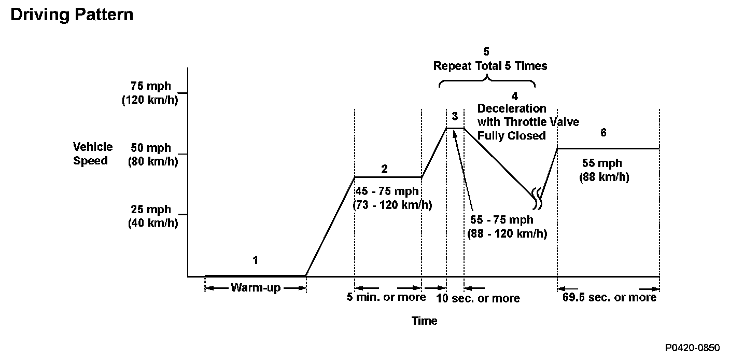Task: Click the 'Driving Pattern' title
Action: tap(72, 15)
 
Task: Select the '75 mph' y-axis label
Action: tap(151, 86)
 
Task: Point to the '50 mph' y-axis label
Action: tap(151, 148)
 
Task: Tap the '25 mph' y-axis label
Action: tap(151, 210)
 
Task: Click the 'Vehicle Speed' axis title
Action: tap(92, 154)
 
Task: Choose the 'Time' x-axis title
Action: tap(424, 321)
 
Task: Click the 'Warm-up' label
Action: tap(256, 288)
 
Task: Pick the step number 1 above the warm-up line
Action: tap(255, 260)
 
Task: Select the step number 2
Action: tap(384, 169)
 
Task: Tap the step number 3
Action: tap(455, 115)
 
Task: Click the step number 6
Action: tap(603, 132)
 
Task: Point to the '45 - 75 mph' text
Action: tap(387, 191)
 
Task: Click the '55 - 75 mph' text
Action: tap(501, 219)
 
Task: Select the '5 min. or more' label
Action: tap(386, 297)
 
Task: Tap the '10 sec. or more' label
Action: tap(478, 298)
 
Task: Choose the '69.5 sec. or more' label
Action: tap(609, 298)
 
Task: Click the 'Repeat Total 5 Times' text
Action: tap(490, 66)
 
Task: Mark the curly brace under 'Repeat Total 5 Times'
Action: tap(487, 81)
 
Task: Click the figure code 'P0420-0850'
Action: tap(693, 347)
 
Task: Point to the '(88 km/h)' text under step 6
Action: tap(604, 177)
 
